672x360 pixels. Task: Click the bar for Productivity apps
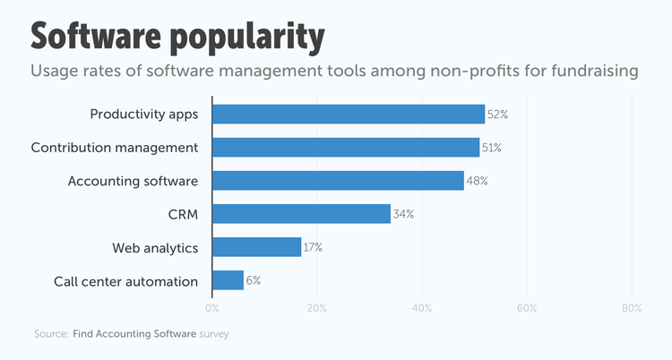[x=349, y=114]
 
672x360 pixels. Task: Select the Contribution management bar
[x=346, y=148]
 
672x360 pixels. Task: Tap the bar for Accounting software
[x=338, y=181]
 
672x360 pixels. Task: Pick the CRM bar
[x=301, y=214]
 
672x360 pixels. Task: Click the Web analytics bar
[x=256, y=247]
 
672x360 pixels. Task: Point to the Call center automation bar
[x=228, y=280]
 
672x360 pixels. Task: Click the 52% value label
[x=498, y=115]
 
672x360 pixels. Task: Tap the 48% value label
[x=478, y=181]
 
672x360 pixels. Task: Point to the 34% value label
[x=404, y=214]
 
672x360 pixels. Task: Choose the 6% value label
[x=254, y=280]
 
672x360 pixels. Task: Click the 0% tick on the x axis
[x=212, y=309]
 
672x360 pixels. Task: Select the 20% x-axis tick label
[x=317, y=309]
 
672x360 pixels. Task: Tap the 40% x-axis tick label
[x=422, y=309]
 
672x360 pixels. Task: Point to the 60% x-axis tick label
[x=527, y=309]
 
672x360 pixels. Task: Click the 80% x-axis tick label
[x=632, y=309]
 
